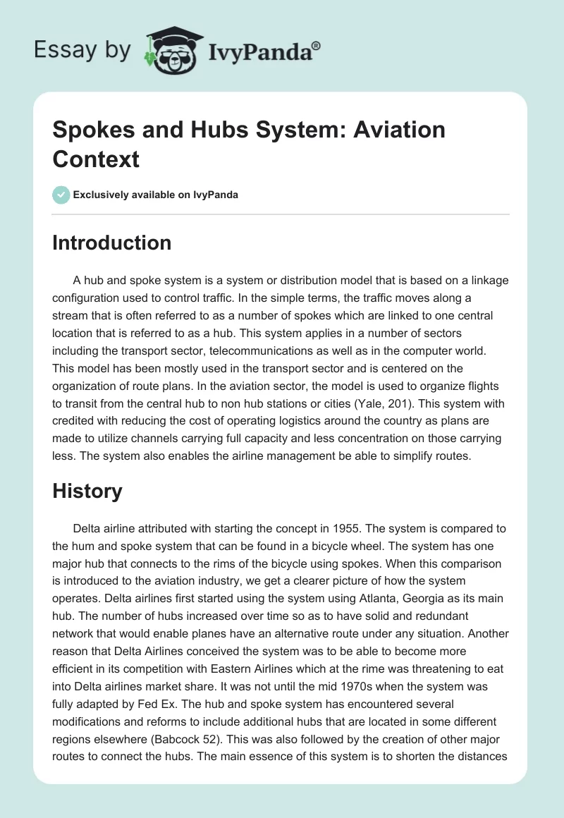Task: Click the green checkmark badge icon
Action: [61, 195]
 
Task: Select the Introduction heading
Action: [111, 243]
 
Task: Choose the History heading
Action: [87, 491]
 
